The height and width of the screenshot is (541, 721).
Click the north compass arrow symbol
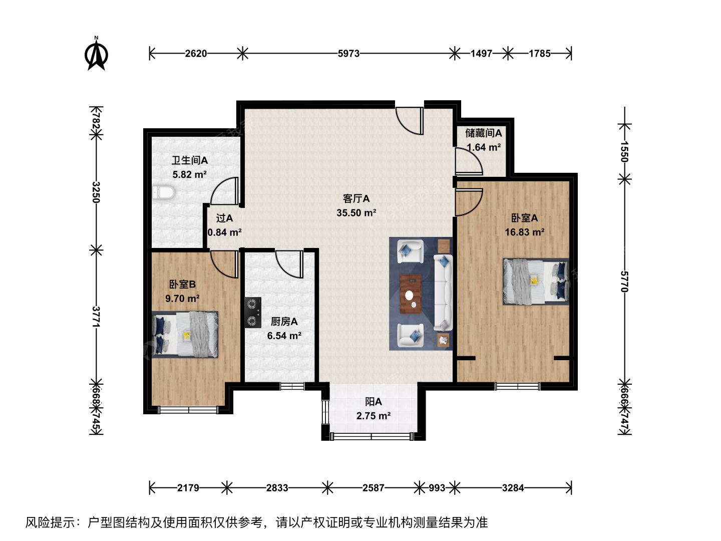[x=96, y=54]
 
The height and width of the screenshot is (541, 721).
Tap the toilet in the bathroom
[x=163, y=192]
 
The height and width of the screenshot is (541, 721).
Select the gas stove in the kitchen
[x=253, y=313]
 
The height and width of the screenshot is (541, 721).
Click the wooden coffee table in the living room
[x=411, y=294]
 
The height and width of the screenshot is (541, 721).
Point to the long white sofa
[x=443, y=293]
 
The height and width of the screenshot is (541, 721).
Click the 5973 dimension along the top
[x=348, y=53]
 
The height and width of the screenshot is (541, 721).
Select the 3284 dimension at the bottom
[x=513, y=488]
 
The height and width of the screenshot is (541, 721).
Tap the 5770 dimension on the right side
[x=624, y=282]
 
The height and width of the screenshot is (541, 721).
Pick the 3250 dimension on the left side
[x=96, y=192]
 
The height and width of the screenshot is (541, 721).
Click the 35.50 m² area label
[x=356, y=213]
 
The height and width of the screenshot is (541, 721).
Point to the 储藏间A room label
[x=483, y=133]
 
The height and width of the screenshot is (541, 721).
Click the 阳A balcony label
[x=374, y=402]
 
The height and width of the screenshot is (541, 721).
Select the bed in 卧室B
[x=185, y=335]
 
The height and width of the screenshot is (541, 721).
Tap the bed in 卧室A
[x=536, y=282]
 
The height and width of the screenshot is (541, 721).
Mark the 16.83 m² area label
[x=525, y=232]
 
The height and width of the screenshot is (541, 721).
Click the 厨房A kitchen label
[x=284, y=322]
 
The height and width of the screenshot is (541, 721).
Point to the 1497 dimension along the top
[x=481, y=53]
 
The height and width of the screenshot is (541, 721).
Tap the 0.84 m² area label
[x=225, y=232]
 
